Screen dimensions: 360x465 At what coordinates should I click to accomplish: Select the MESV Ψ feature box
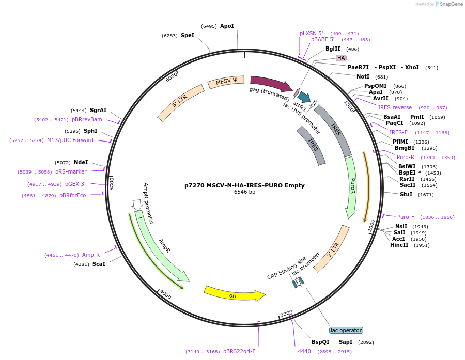pos(226,81)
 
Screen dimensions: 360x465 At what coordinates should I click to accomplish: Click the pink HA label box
pos(341,58)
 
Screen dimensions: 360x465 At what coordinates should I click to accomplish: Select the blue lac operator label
pos(346,330)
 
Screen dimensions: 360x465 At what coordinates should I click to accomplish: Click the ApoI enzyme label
pos(227,26)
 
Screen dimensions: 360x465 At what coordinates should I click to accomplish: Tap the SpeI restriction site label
pos(187,35)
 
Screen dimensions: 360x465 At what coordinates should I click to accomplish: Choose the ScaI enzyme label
pos(99,264)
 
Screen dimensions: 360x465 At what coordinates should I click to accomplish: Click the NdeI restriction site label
pos(81,162)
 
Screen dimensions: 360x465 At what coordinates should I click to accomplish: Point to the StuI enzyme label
pos(406,194)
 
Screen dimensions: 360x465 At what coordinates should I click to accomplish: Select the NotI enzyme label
pos(363,76)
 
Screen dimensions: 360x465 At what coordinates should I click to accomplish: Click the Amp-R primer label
pos(91,255)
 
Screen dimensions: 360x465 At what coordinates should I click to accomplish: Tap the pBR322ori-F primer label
pos(239,351)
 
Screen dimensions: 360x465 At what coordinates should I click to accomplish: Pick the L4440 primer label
pos(303,351)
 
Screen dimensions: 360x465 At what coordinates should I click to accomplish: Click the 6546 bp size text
pos(244,192)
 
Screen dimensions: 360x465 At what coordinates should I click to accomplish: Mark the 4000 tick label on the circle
pos(165,294)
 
